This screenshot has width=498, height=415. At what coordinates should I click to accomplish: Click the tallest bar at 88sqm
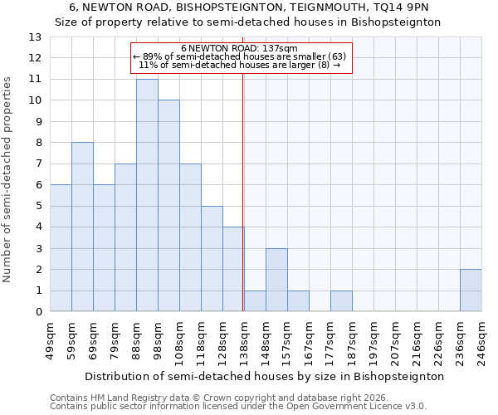pos(147,195)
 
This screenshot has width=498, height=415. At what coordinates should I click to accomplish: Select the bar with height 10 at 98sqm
pos(168,206)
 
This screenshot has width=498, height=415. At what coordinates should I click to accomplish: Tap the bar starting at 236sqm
pos(471,290)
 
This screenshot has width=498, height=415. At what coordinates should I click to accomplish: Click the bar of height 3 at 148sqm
pos(276,280)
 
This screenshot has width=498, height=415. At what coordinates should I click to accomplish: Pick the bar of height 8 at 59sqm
pos(82,227)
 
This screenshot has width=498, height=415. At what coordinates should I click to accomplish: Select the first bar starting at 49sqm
pos(61,248)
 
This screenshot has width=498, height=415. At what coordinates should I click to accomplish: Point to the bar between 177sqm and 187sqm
pos(341,301)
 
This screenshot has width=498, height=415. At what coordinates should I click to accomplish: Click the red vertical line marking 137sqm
pos(242,191)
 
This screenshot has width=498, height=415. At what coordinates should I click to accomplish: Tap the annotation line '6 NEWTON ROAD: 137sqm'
pos(239,49)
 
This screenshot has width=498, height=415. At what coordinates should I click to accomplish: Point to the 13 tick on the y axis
pos(35,37)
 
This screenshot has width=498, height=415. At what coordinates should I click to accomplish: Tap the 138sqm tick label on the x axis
pos(244,340)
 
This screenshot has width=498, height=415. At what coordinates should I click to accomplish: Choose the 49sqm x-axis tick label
pos(50,340)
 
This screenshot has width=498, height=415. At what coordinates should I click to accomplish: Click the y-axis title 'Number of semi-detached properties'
pos(8,178)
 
